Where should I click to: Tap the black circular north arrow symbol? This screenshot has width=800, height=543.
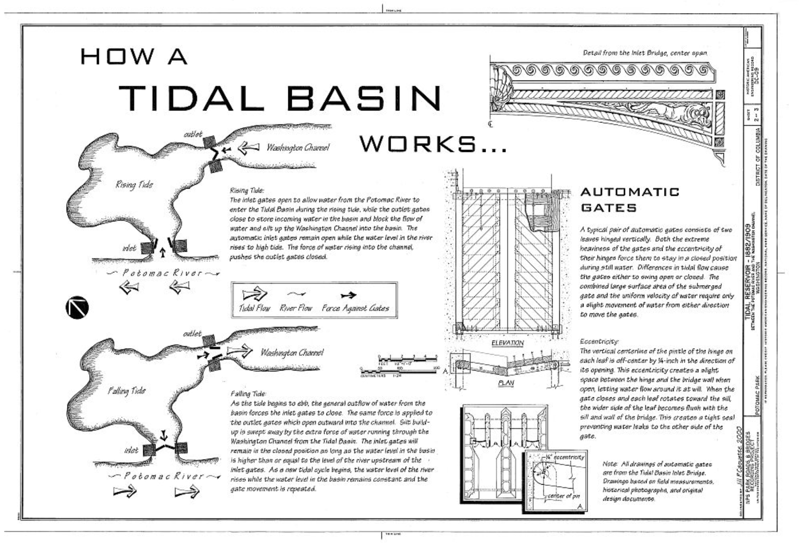point(77,307)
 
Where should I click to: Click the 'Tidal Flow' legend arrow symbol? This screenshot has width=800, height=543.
point(254,294)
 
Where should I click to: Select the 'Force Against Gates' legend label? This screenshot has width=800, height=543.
point(355,308)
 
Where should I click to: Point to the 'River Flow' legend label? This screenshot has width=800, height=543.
point(296,308)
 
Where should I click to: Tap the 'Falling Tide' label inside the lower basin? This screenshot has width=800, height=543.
point(126,390)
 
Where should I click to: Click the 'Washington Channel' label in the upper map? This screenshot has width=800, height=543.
point(298,148)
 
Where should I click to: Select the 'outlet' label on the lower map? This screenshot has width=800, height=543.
point(192,334)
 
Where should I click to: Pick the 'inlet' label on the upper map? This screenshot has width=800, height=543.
point(129,248)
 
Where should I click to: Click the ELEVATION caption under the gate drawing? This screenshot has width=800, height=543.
point(507,343)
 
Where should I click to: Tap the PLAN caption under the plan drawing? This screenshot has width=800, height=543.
point(506,383)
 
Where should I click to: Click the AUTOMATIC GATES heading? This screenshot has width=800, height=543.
point(629,200)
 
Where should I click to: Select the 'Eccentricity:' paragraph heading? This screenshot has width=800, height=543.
point(599,341)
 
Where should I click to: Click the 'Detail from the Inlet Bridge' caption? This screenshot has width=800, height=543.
point(645,53)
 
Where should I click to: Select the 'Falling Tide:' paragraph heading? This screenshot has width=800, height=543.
point(248,394)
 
